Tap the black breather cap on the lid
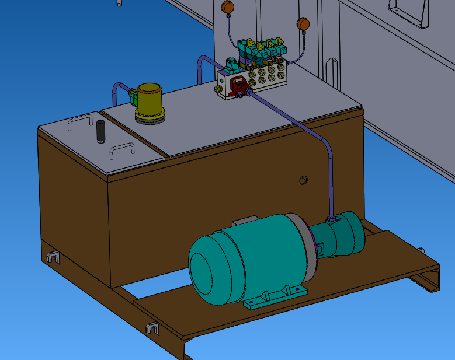coord(100,131)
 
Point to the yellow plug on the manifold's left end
coord(218,89)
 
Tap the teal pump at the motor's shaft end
coord(346,235)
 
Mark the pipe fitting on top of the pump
coord(331,219)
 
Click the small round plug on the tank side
coord(303,180)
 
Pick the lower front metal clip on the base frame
coord(152,328)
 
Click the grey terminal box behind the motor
coord(245,222)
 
